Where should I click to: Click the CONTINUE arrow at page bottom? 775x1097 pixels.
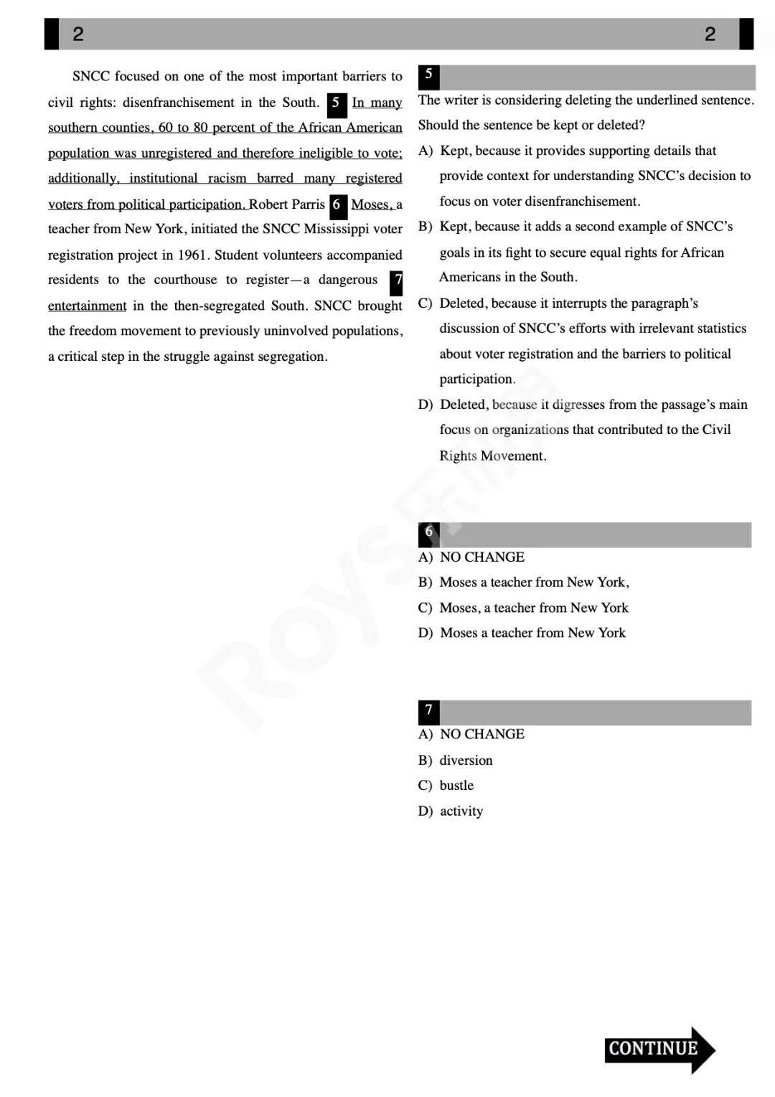pyautogui.click(x=659, y=1049)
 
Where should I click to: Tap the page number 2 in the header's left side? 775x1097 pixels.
pyautogui.click(x=77, y=34)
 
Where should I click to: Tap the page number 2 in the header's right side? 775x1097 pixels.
pyautogui.click(x=710, y=34)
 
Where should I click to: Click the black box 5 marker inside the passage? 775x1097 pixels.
pyautogui.click(x=337, y=103)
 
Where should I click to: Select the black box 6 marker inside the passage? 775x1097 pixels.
pyautogui.click(x=337, y=205)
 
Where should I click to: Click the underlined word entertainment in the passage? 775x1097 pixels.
pyautogui.click(x=87, y=306)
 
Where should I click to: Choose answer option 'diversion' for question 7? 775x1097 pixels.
pyautogui.click(x=466, y=760)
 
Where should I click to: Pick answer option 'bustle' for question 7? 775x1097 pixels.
pyautogui.click(x=456, y=785)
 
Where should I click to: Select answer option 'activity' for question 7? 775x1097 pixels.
pyautogui.click(x=461, y=811)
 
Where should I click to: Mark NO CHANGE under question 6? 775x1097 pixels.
pyautogui.click(x=482, y=557)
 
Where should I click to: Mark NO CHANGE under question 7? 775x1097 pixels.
pyautogui.click(x=482, y=734)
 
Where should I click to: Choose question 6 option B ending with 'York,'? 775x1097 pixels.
pyautogui.click(x=534, y=582)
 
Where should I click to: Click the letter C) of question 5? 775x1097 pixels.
pyautogui.click(x=426, y=303)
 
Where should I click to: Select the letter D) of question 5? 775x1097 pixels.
pyautogui.click(x=426, y=404)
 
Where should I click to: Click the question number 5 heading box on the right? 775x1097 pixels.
pyautogui.click(x=428, y=75)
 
